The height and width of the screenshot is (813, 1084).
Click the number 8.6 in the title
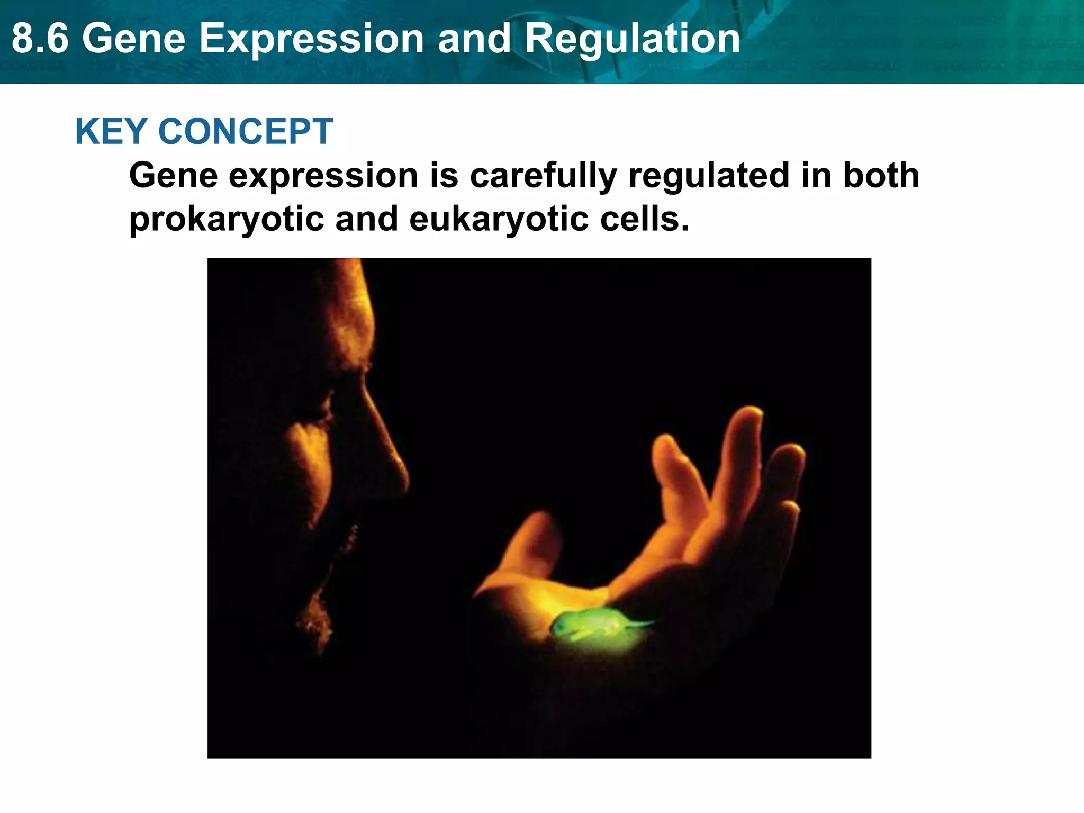coord(40,39)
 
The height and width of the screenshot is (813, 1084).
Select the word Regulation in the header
coord(632,39)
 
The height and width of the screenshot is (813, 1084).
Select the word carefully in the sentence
coord(543,176)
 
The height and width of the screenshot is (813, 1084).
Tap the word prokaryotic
coord(227,219)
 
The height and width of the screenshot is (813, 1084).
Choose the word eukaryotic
coord(498,219)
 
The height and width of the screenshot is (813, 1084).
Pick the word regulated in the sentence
coord(709,176)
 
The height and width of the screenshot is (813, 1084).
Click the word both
coord(881,176)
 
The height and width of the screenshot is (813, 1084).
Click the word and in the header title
coord(474,39)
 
